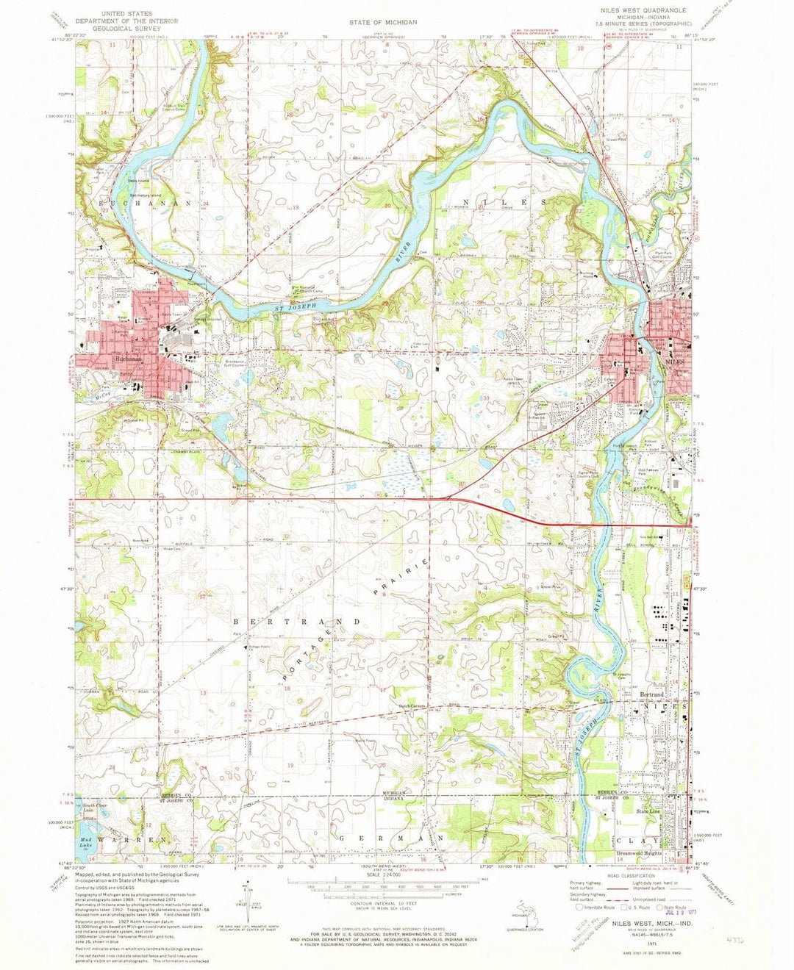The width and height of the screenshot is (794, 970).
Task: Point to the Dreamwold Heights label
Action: tap(640, 853)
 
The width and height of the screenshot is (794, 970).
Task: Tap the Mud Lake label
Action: tap(88, 838)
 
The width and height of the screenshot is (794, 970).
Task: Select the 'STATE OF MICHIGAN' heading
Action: tap(383, 22)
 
